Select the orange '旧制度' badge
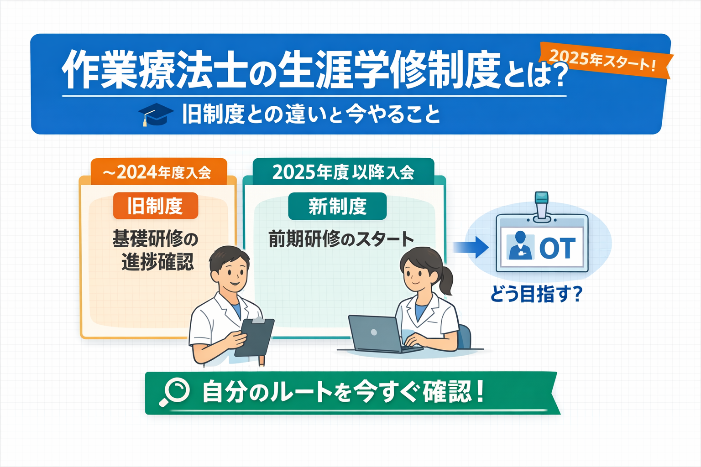156,206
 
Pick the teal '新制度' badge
337,206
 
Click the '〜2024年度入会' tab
159,172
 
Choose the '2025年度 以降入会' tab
343,172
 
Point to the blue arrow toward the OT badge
471,247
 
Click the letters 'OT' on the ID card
557,248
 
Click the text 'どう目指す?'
536,295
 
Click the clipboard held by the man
254,337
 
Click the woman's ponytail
446,279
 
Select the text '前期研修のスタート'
341,239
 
